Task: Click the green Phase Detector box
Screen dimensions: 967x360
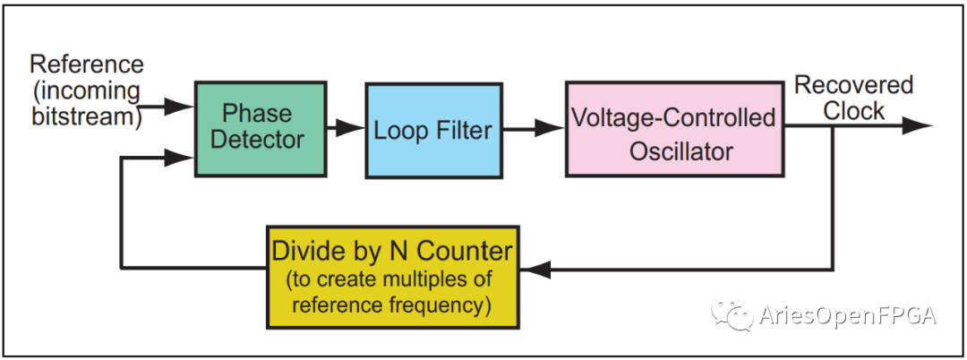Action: (261, 129)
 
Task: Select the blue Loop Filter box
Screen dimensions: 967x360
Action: (433, 131)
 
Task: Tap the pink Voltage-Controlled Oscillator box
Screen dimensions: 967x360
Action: (675, 130)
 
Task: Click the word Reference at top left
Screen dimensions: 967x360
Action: (86, 64)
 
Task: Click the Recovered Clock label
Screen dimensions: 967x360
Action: (853, 98)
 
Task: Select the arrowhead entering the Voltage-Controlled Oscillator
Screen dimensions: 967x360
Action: (550, 128)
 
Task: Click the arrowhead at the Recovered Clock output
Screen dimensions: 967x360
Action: (917, 125)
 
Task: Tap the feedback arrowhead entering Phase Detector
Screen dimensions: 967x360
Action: (180, 159)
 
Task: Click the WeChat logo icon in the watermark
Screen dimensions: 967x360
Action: (732, 313)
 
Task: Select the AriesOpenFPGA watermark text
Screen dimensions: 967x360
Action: (848, 315)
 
